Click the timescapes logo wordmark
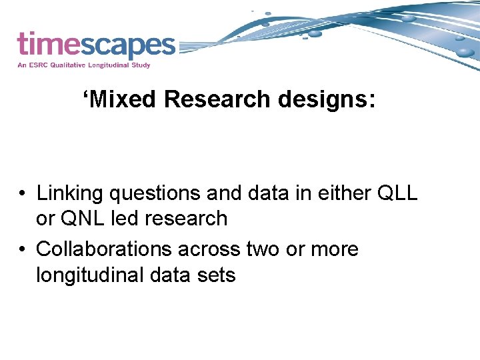point(96,45)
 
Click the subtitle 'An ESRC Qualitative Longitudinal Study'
point(84,65)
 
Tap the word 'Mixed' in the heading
point(121,99)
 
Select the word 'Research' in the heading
point(217,99)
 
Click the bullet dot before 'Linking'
point(23,194)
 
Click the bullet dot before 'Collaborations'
point(23,250)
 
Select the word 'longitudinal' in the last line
point(89,275)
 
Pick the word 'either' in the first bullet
point(343,193)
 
